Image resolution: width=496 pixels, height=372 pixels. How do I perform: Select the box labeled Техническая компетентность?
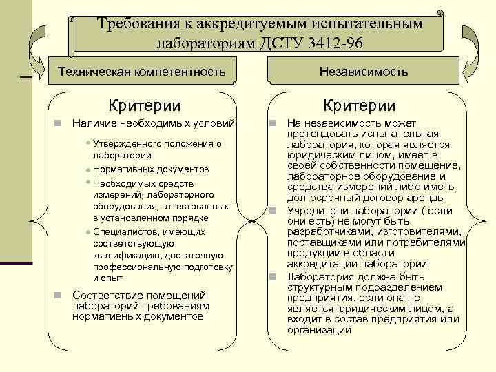pyautogui.click(x=141, y=71)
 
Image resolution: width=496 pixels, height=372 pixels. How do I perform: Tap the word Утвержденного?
pyautogui.click(x=124, y=144)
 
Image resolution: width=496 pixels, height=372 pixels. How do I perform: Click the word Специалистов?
pyautogui.click(x=123, y=231)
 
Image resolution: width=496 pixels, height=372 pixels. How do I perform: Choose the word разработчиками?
pyautogui.click(x=327, y=232)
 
